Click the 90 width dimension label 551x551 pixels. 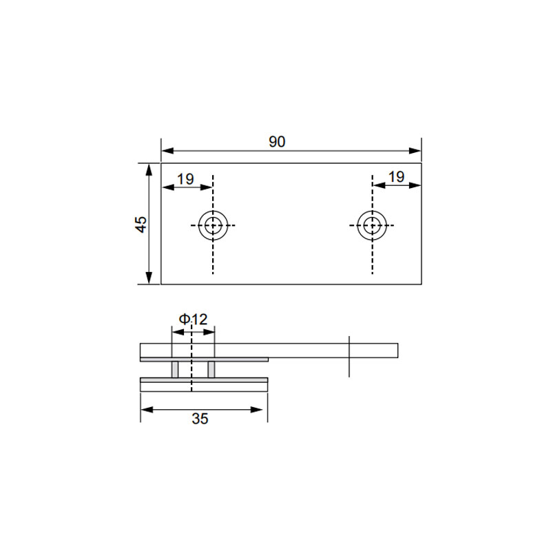(277, 142)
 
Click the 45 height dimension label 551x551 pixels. (141, 224)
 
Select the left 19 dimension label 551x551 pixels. (185, 179)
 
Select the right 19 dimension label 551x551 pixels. (397, 177)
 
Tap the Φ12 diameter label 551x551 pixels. (194, 319)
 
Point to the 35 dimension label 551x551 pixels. (200, 419)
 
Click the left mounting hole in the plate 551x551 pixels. (213, 226)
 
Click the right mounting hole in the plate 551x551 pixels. (372, 226)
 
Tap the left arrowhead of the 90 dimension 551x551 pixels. (167, 151)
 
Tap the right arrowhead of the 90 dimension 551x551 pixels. (415, 151)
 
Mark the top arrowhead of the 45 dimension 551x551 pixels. (149, 169)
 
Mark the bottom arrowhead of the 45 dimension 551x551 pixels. (149, 278)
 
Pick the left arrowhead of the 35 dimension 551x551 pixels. (147, 410)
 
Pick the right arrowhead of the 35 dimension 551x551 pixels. (256, 410)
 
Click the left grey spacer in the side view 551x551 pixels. (175, 369)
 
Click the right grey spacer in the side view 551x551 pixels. (211, 369)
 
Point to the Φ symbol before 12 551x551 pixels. (184, 319)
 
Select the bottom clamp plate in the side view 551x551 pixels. (204, 386)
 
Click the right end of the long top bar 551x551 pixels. (398, 351)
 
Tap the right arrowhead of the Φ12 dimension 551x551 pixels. (209, 332)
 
